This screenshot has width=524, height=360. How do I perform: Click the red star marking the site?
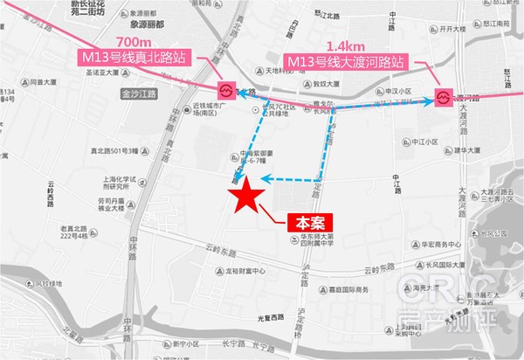click(245, 194)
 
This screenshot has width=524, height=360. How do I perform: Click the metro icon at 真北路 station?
click(225, 89)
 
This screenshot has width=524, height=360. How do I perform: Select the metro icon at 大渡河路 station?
click(444, 97)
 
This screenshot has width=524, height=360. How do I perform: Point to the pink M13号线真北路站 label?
click(130, 59)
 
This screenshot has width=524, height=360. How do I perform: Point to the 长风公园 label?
click(494, 233)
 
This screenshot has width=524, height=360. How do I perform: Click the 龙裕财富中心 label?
click(244, 272)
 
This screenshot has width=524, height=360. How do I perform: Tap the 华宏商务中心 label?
click(437, 244)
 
